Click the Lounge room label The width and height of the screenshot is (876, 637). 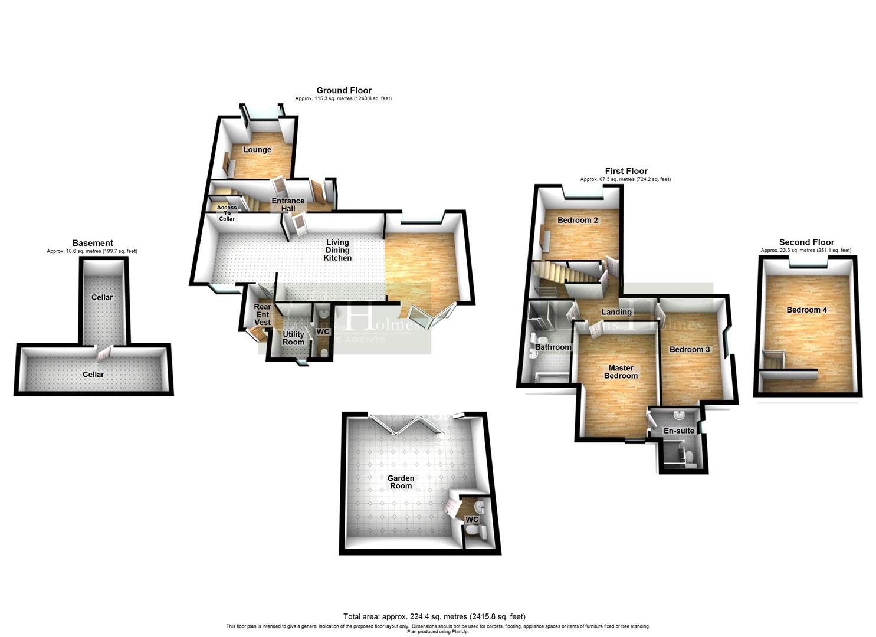tap(257, 150)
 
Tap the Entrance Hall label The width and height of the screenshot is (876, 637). tap(288, 205)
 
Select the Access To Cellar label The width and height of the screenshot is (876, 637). tap(227, 213)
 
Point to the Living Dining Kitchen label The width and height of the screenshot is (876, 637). tap(337, 250)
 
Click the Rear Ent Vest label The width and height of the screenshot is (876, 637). tap(263, 314)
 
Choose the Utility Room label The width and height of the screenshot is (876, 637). tap(293, 338)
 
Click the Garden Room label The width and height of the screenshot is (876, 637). tap(401, 482)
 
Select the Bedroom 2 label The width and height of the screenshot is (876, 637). tap(578, 220)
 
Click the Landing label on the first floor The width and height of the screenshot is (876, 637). tap(616, 312)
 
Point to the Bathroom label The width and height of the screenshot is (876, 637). tap(553, 347)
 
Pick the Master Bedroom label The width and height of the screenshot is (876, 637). tap(621, 372)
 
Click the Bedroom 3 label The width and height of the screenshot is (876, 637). tap(690, 349)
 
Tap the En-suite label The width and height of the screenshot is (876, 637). tap(679, 431)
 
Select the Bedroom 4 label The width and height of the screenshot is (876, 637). tap(806, 310)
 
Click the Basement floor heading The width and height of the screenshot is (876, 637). tap(93, 243)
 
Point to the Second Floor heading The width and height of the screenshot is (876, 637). tap(806, 242)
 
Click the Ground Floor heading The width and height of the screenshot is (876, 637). tap(344, 90)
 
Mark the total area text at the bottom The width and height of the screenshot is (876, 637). tap(434, 617)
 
